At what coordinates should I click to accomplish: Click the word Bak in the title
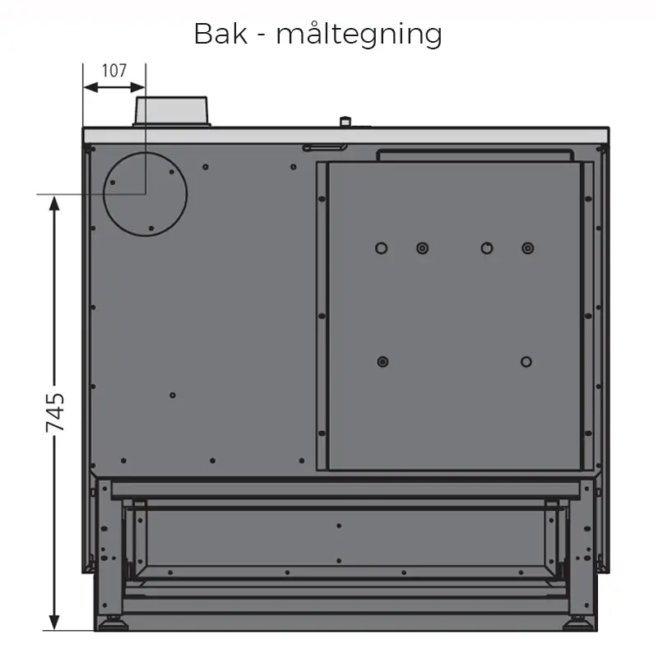[220, 34]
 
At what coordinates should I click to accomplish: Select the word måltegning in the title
[359, 35]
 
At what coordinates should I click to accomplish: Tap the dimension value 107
[114, 71]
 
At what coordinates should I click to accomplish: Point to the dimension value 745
[55, 412]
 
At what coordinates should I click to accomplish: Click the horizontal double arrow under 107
[114, 88]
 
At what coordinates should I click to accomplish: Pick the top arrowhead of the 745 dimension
[54, 204]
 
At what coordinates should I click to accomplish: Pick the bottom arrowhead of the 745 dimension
[54, 622]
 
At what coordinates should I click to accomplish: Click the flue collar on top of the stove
[171, 111]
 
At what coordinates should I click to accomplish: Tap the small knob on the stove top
[345, 122]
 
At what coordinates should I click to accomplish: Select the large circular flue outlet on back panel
[146, 194]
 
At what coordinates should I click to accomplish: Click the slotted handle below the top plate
[325, 147]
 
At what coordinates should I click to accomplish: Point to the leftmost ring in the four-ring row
[381, 248]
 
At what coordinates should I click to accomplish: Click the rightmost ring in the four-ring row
[528, 248]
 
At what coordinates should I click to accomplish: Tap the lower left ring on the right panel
[382, 362]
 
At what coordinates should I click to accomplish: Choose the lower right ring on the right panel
[526, 362]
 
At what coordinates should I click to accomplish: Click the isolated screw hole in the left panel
[173, 395]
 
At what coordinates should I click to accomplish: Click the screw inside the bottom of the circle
[151, 229]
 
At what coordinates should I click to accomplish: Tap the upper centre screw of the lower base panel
[339, 526]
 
